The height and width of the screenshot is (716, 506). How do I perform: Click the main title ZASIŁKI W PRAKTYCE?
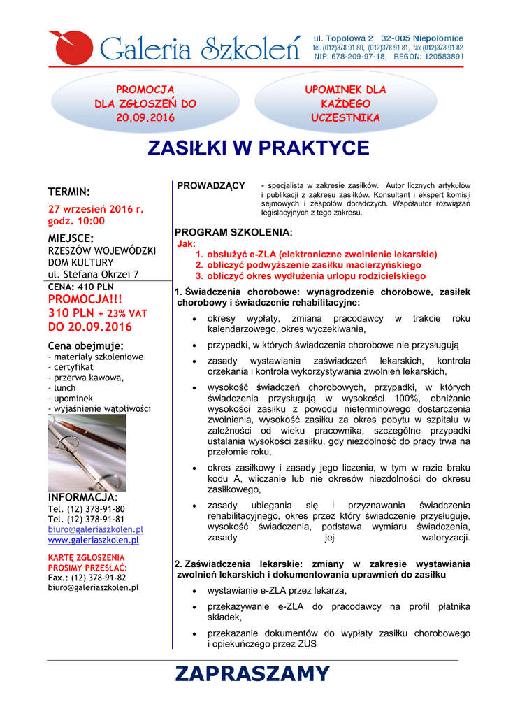[x=257, y=148]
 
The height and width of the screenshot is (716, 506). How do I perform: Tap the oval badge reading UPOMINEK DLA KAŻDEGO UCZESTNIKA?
[x=345, y=103]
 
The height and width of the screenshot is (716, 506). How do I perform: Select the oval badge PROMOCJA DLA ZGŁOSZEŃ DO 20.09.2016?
[x=145, y=103]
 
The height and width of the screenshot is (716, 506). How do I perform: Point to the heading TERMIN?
[x=69, y=191]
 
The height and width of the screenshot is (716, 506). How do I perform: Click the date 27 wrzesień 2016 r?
[x=95, y=208]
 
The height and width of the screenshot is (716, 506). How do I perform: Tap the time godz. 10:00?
[x=76, y=220]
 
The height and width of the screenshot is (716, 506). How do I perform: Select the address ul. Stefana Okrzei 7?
[x=93, y=274]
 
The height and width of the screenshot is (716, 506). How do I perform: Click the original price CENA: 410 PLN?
[x=80, y=287]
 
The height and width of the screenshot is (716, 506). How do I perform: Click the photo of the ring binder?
[x=87, y=452]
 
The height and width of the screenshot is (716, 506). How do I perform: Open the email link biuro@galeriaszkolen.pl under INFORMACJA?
[x=95, y=529]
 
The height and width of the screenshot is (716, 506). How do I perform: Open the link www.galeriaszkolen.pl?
[x=93, y=540]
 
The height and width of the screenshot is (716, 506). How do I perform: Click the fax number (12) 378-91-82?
[x=98, y=578]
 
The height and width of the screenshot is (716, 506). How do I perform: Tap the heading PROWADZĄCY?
[x=210, y=185]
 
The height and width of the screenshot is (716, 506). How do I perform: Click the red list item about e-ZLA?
[x=316, y=255]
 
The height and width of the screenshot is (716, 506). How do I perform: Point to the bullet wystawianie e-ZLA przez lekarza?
[x=277, y=591]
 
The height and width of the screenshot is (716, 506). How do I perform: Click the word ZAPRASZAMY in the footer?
[x=252, y=673]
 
